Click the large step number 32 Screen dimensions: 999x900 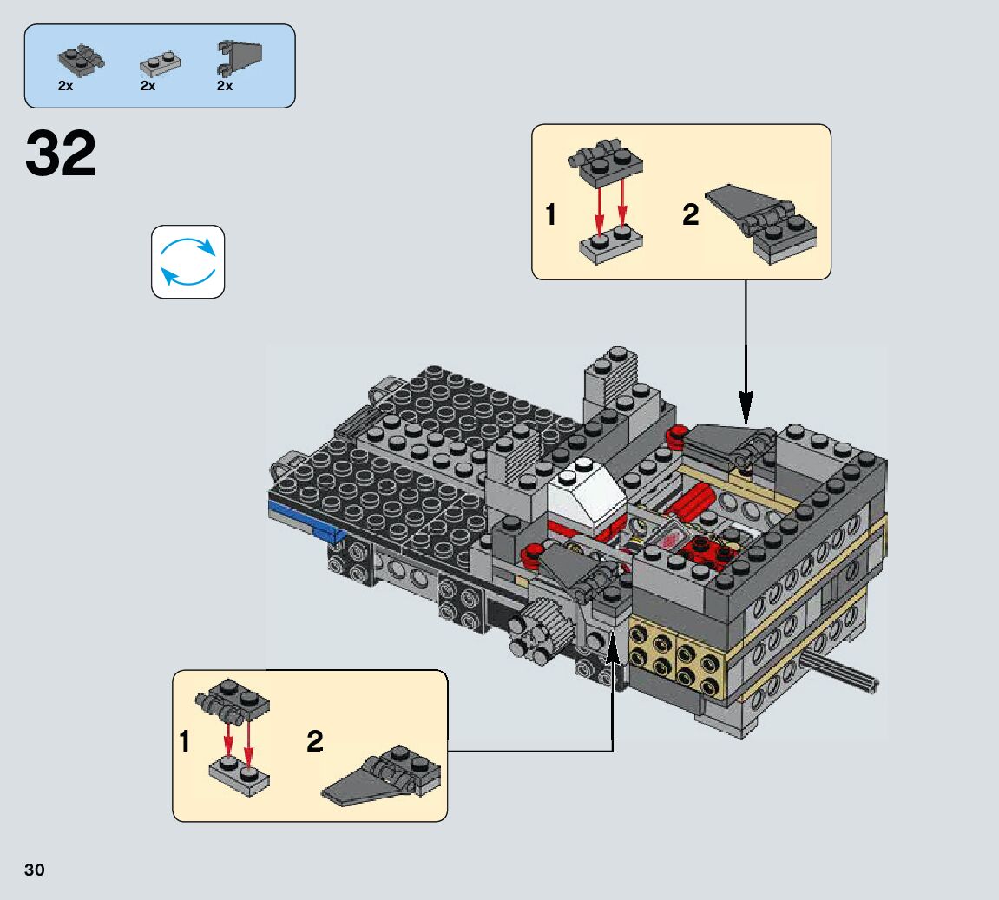(61, 154)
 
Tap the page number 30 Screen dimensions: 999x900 (35, 870)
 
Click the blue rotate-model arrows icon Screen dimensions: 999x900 (188, 261)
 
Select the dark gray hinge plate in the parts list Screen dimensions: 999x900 (81, 59)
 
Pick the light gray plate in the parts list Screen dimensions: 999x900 (160, 62)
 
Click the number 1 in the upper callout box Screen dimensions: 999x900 (551, 214)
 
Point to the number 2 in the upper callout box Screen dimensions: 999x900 (690, 214)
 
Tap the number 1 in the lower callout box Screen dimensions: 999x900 (184, 742)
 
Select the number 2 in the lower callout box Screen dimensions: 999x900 (315, 741)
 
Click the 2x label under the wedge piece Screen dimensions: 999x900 (225, 86)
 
